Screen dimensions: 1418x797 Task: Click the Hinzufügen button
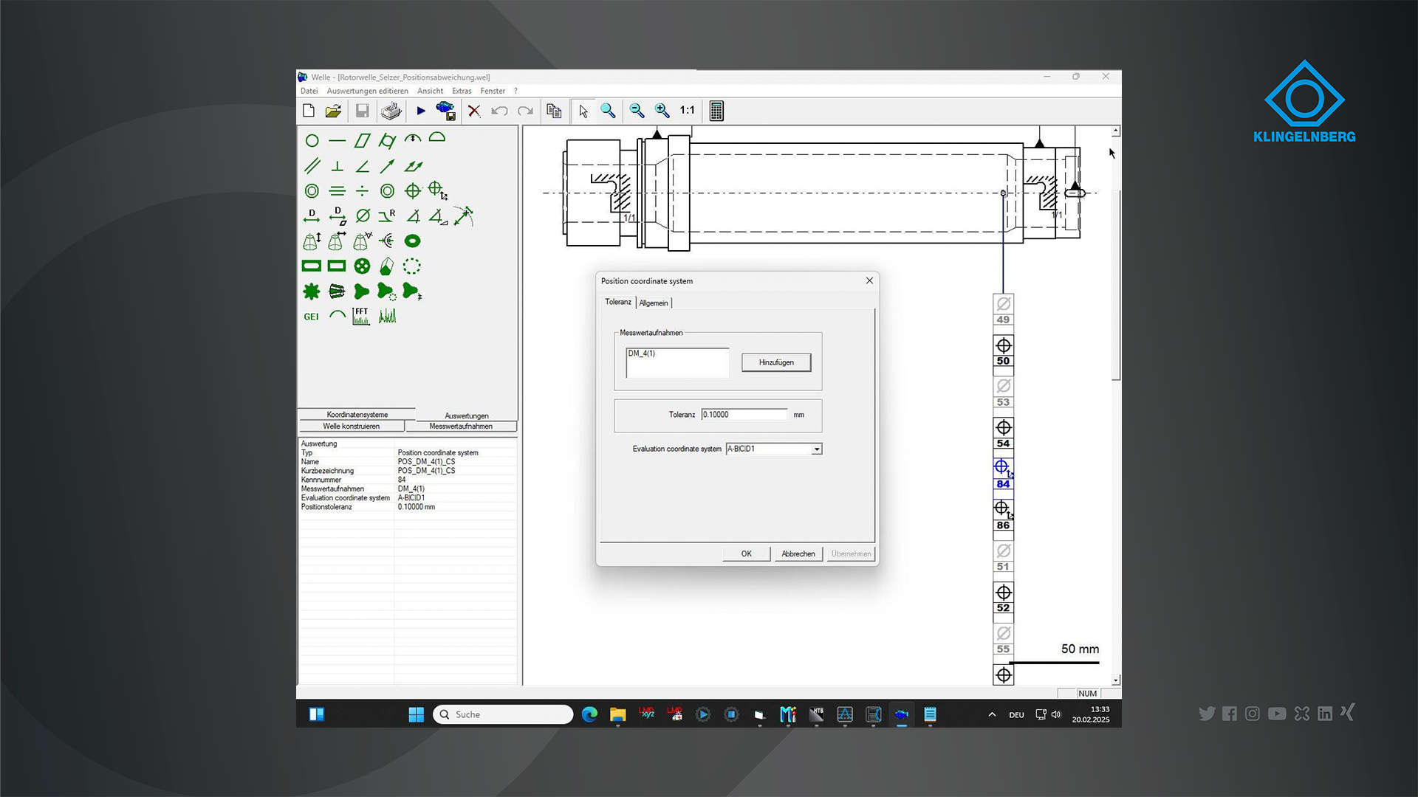coord(776,362)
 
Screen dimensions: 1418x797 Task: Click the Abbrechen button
coord(798,553)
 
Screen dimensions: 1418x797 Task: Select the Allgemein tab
coord(654,303)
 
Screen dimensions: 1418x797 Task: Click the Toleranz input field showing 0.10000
coord(744,415)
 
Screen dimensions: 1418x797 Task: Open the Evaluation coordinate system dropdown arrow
coord(817,449)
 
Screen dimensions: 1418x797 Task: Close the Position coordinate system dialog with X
coord(869,280)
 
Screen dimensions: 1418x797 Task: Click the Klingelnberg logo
coord(1304,101)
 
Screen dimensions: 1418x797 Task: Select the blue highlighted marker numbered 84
coord(1003,475)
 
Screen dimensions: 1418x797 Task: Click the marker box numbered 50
coord(1003,352)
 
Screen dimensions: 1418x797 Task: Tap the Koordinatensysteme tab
coord(357,415)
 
